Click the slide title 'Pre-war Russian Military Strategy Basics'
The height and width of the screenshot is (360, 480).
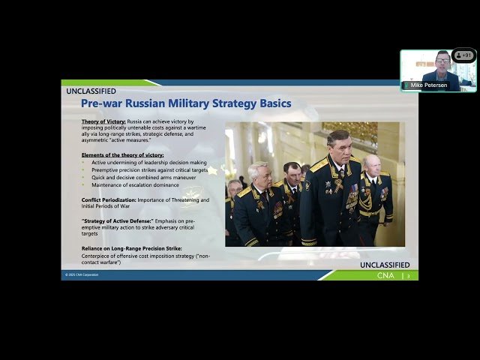[186, 103]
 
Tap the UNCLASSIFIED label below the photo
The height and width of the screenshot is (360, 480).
[385, 265]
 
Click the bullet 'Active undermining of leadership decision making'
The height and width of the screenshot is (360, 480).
[149, 162]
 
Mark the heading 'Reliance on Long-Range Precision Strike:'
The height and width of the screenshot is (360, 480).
[132, 247]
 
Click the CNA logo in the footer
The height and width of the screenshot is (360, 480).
[385, 276]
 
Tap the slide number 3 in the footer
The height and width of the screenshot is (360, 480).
[409, 276]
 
